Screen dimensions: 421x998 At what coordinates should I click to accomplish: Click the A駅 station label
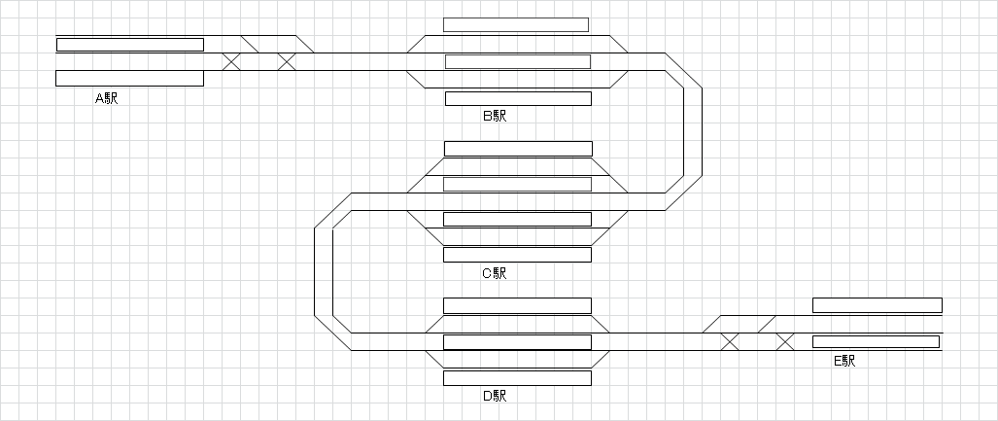coord(106,98)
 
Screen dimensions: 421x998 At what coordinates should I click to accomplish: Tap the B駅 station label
coord(495,116)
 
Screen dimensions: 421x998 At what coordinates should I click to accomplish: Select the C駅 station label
coord(495,273)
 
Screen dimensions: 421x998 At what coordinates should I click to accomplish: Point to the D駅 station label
coord(495,396)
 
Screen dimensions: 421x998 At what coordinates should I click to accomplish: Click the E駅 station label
coord(844,361)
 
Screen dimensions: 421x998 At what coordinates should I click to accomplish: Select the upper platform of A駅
coord(130,45)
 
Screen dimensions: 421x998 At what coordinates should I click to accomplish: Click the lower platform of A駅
coord(130,79)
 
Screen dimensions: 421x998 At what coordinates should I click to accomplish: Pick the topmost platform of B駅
coord(516,24)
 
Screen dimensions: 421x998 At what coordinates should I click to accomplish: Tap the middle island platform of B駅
coord(518,62)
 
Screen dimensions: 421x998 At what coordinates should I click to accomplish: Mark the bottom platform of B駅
coord(518,98)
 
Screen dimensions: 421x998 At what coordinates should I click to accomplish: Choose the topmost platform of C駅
coord(518,149)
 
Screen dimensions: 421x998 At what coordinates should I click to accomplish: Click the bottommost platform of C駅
coord(518,255)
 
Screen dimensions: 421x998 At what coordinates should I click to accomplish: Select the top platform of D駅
coord(518,305)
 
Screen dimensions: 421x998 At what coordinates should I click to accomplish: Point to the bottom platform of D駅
coord(518,378)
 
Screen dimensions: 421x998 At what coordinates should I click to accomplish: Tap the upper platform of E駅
coord(877,305)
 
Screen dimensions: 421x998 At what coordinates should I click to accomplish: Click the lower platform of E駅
coord(876,341)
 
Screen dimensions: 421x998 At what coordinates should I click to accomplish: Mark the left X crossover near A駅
coord(231,62)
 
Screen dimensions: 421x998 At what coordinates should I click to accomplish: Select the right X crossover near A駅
coord(287,62)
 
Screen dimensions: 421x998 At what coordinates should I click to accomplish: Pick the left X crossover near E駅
coord(730,341)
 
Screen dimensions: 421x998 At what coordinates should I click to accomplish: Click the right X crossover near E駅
coord(785,341)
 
